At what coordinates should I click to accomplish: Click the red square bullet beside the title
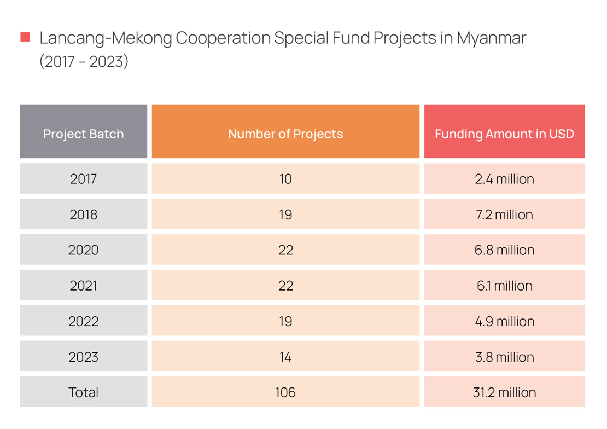25,38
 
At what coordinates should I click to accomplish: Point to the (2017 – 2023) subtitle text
84,61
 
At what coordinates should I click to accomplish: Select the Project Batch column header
83,134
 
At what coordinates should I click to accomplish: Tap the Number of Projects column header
285,134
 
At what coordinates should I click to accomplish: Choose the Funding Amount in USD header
504,134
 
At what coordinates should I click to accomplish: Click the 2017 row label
83,179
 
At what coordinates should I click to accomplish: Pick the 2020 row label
83,250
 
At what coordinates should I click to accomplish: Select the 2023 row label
83,357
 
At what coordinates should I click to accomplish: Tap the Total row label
83,392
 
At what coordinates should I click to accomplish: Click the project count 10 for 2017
285,179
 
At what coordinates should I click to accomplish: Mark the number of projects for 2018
285,215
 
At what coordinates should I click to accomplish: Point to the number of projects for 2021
285,286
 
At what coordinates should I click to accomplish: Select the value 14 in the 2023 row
285,357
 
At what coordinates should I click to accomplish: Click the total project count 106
285,392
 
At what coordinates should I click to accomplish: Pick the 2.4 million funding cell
504,179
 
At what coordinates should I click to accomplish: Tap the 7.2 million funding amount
504,215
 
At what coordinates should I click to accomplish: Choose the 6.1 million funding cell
504,286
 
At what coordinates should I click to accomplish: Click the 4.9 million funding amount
504,321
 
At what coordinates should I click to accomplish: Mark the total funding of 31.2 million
504,392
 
